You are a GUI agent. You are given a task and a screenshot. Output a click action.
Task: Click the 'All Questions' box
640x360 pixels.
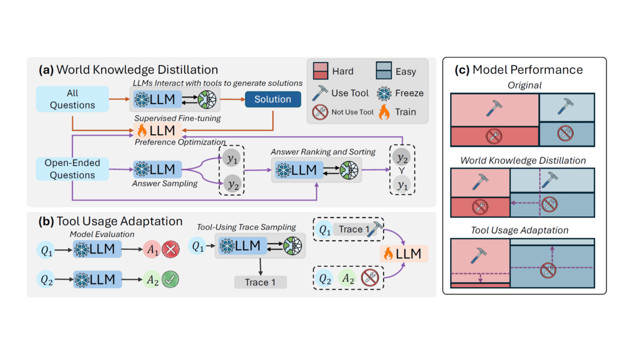tap(72, 99)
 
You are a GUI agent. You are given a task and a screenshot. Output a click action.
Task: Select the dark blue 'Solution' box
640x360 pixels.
tap(273, 100)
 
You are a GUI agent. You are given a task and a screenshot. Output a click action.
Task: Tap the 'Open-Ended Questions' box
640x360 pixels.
tap(72, 169)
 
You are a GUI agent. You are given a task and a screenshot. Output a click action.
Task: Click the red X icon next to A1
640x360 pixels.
tap(170, 251)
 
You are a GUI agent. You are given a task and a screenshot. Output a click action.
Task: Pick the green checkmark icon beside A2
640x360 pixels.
tap(170, 279)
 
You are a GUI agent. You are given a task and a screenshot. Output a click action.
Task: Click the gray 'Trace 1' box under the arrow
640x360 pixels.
tap(260, 282)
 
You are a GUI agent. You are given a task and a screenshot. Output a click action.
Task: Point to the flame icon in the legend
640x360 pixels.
tap(384, 112)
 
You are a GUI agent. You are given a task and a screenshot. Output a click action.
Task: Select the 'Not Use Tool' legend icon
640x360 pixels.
tap(320, 112)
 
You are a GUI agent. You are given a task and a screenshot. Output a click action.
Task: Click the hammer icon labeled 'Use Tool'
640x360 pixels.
tap(320, 93)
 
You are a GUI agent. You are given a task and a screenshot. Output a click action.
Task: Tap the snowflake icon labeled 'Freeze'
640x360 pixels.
tap(384, 93)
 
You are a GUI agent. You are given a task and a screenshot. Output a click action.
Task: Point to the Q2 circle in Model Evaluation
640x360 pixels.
tap(47, 279)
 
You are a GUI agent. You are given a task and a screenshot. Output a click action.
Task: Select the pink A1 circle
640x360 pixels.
tap(152, 251)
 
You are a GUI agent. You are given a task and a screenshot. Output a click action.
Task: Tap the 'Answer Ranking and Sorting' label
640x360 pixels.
tap(323, 152)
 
